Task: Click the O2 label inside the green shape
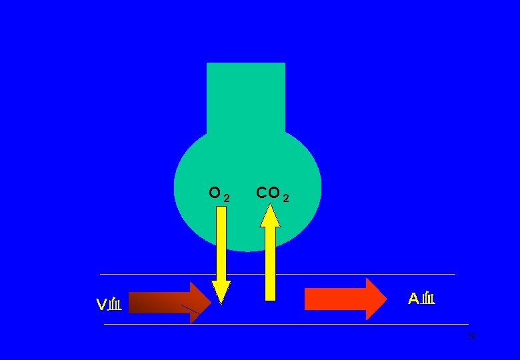click(219, 194)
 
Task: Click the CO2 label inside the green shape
click(273, 194)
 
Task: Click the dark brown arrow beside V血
click(163, 303)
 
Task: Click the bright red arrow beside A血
click(340, 299)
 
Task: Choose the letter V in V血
click(101, 305)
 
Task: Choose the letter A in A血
click(413, 299)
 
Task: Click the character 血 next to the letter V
click(115, 305)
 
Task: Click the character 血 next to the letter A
click(428, 299)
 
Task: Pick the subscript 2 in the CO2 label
click(286, 198)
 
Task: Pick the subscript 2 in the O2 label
click(227, 198)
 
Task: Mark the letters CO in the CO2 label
click(268, 193)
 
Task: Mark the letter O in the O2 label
click(215, 193)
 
